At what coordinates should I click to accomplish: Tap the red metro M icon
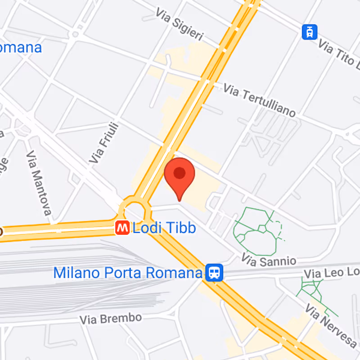[x=121, y=228]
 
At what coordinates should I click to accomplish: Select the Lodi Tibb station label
[x=164, y=228]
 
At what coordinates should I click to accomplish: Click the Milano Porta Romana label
[x=127, y=273]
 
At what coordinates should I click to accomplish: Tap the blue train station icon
[x=214, y=272]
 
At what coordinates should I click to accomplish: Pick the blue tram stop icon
[x=310, y=31]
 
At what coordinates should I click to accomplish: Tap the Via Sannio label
[x=269, y=260]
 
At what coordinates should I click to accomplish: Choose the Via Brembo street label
[x=110, y=319]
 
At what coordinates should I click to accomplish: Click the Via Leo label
[x=332, y=273]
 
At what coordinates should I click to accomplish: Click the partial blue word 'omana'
[x=21, y=47]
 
